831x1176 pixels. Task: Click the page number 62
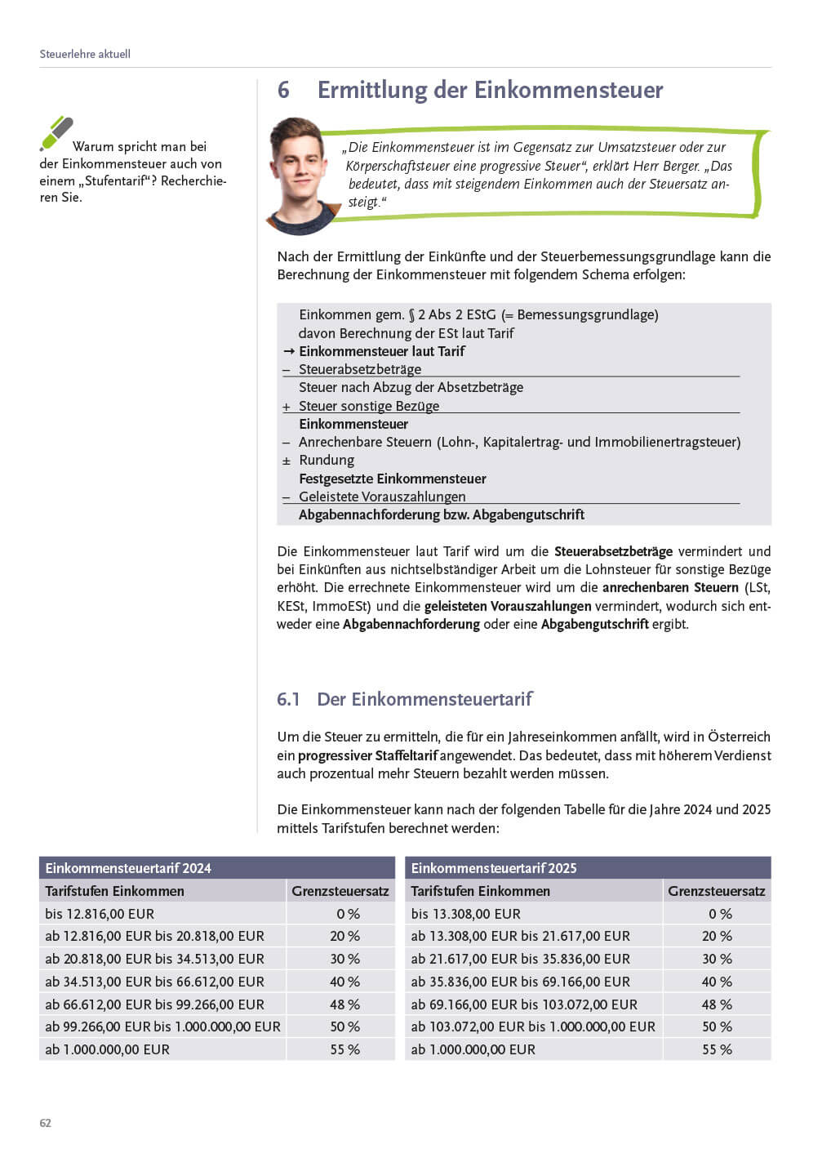46,1123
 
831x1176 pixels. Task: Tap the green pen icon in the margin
56,133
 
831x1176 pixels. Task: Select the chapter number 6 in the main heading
283,90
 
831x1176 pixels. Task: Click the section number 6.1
288,699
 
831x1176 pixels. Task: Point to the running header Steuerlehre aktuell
85,54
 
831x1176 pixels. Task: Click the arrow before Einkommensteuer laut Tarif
288,351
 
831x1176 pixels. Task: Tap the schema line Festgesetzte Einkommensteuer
392,479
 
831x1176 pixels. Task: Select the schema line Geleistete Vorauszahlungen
382,497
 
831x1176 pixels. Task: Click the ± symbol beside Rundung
287,461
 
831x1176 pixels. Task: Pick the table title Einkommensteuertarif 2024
128,868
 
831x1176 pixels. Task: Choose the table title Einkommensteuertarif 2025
494,868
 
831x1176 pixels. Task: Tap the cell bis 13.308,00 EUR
465,914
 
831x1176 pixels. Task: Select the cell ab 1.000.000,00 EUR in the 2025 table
473,1049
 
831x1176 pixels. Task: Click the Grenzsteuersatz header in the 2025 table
716,891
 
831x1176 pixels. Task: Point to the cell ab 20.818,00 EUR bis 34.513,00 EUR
154,959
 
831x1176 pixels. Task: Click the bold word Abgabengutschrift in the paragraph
594,624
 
